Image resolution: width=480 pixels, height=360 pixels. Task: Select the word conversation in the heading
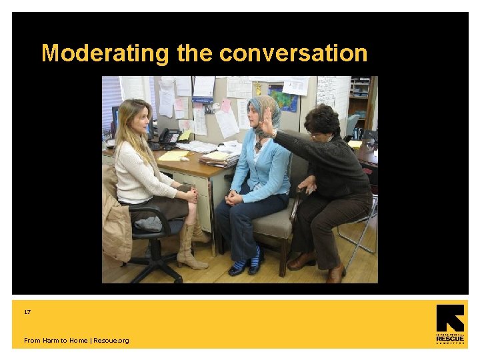(x=293, y=53)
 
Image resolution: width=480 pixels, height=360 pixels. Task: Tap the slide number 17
(x=27, y=312)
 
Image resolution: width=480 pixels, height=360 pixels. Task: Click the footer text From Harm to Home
(x=55, y=341)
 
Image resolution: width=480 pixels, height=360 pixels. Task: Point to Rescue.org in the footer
(x=111, y=341)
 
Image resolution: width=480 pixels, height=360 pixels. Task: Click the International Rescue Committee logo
(x=450, y=325)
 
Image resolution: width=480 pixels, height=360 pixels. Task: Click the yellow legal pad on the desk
(x=173, y=155)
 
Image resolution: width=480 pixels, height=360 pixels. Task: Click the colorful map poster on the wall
(x=283, y=98)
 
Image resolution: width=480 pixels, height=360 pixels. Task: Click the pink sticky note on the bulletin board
(x=225, y=106)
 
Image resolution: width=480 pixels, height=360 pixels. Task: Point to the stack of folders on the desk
(x=219, y=159)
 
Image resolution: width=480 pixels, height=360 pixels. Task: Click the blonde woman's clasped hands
(x=191, y=195)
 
